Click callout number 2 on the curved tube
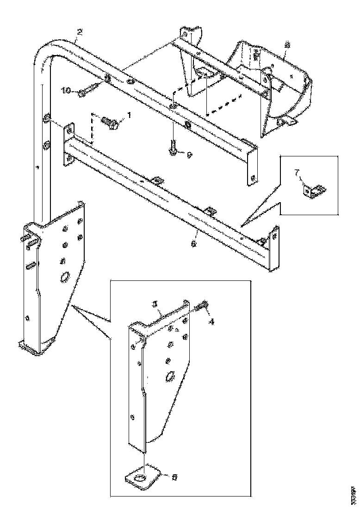[80, 32]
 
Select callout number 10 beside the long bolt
[66, 91]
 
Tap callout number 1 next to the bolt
[129, 114]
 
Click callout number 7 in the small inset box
[298, 173]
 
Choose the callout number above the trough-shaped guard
[287, 45]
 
